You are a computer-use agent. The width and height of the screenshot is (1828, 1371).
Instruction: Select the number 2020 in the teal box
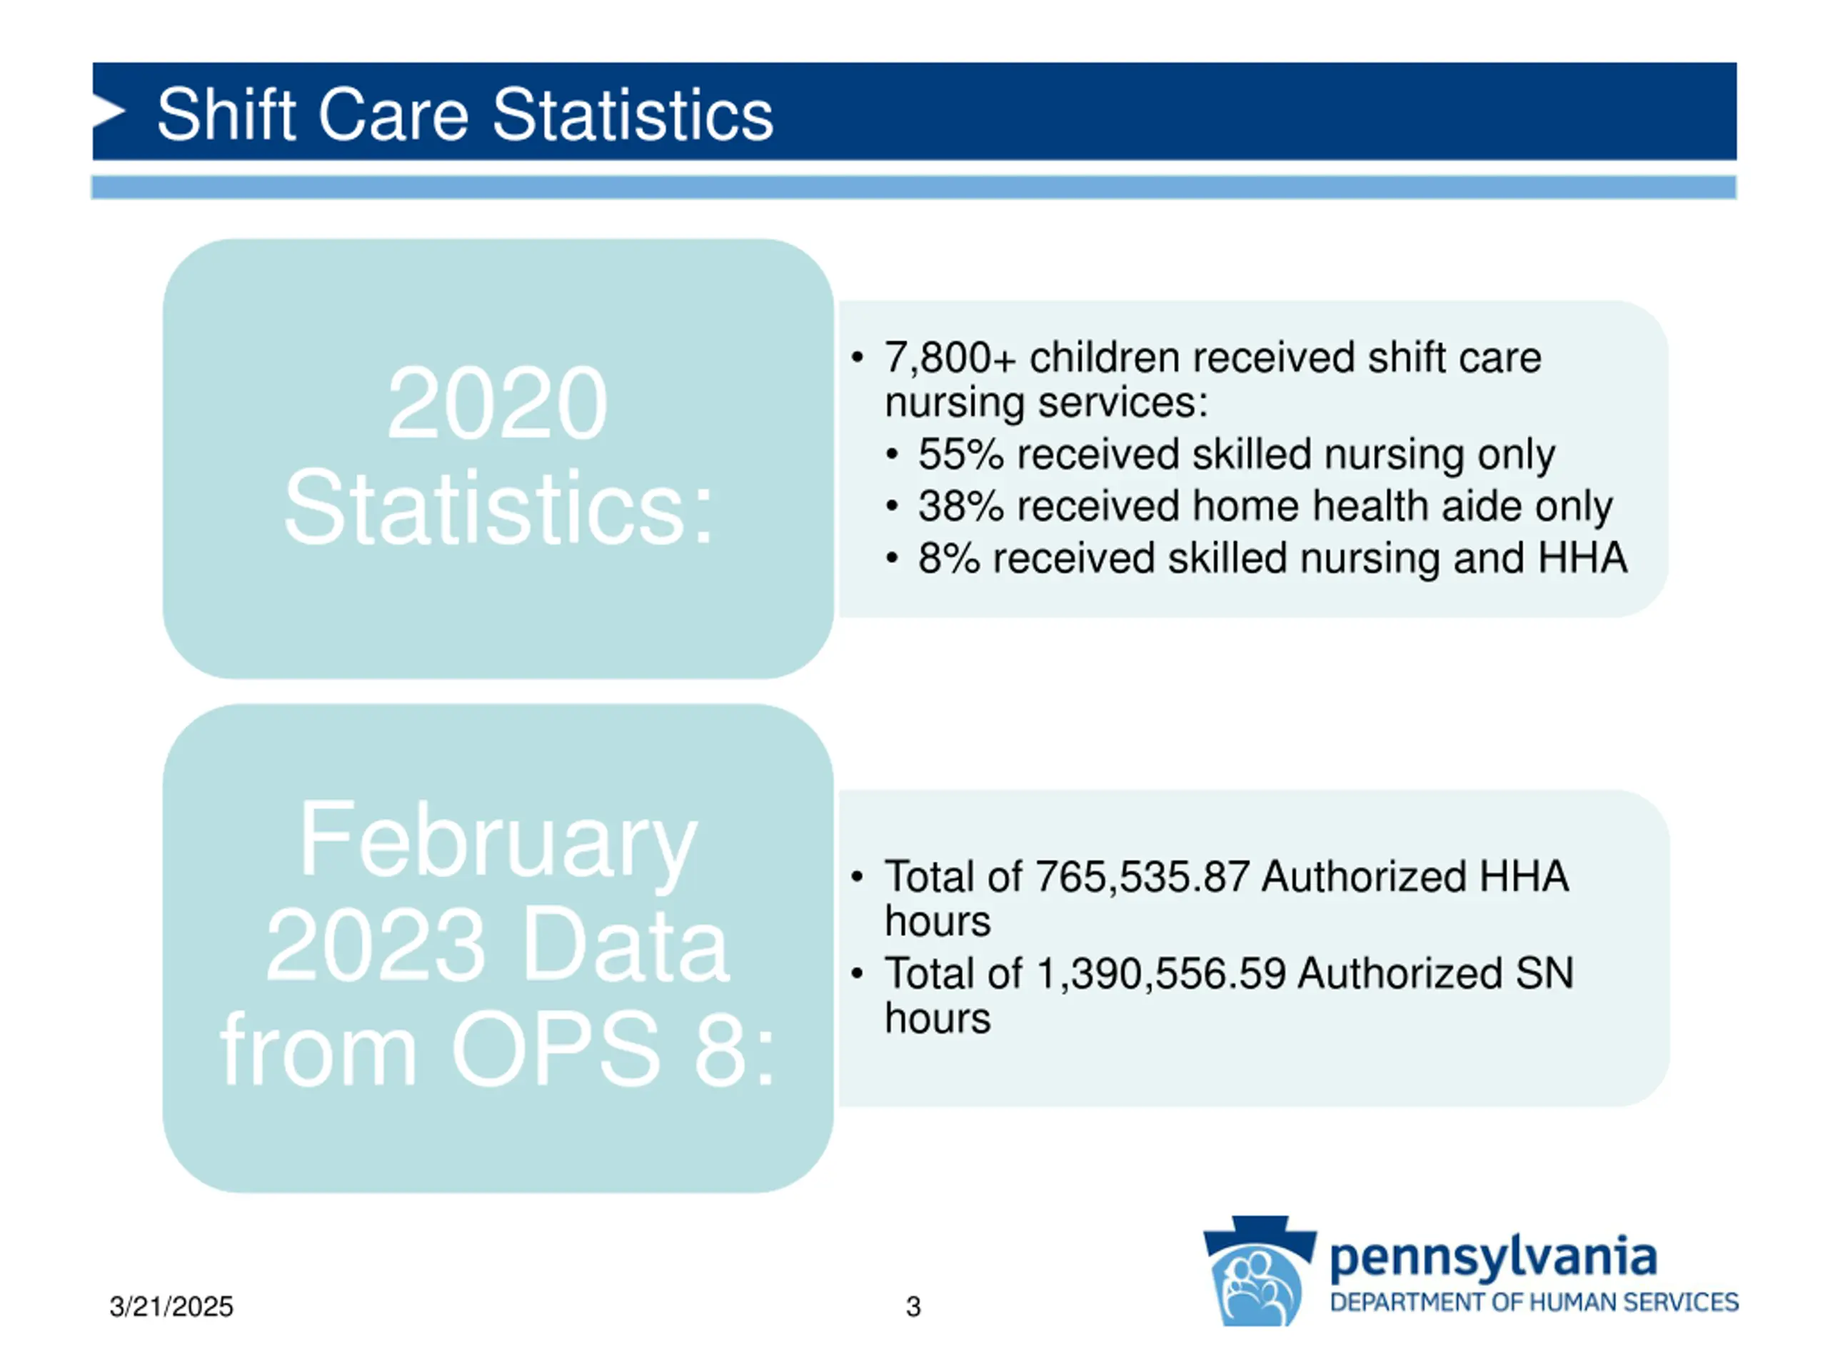click(497, 404)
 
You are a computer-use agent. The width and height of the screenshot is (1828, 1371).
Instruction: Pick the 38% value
click(960, 506)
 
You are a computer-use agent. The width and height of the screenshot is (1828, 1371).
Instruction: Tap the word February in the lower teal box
click(498, 840)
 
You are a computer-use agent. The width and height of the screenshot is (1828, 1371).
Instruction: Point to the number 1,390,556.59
click(1160, 973)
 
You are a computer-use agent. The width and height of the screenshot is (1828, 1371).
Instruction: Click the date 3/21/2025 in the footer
click(171, 1307)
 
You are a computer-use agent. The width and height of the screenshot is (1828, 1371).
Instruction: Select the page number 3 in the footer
click(913, 1307)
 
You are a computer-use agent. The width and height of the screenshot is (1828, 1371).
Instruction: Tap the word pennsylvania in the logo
click(1492, 1257)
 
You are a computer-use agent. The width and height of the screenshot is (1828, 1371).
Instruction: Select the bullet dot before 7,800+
click(857, 358)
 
